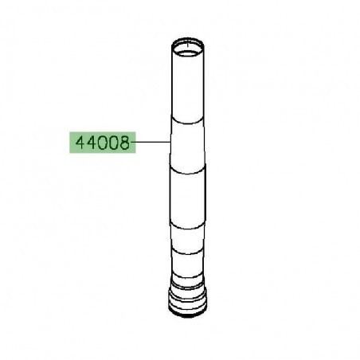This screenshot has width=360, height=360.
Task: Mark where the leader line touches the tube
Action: pyautogui.click(x=170, y=143)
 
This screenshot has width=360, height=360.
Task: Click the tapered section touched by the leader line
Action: pyautogui.click(x=188, y=143)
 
